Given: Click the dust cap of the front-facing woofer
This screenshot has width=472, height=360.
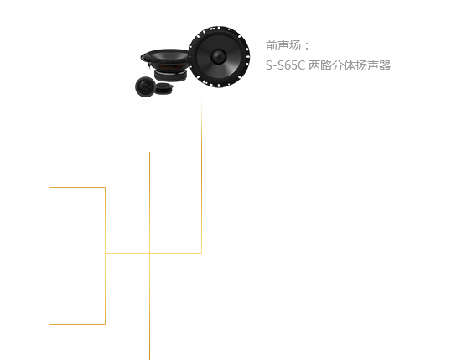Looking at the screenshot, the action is (219, 56).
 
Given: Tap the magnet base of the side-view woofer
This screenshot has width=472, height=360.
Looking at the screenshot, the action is (170, 75).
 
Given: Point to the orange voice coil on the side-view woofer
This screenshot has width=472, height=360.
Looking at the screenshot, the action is (170, 66).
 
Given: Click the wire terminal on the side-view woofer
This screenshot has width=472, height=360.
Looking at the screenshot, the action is (148, 64).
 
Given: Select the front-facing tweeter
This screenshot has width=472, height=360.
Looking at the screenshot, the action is (145, 86).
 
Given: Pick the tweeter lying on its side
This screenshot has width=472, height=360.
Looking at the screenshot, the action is (164, 87).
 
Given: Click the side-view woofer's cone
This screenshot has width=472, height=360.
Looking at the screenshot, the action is (165, 56).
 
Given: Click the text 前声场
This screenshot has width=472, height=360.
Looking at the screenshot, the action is (283, 46).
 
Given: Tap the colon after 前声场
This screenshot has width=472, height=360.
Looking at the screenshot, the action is (307, 46).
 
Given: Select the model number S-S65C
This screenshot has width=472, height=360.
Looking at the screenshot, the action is (285, 65).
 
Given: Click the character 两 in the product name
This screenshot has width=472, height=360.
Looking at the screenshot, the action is (314, 65).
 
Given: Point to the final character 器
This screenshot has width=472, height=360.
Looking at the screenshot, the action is (385, 65).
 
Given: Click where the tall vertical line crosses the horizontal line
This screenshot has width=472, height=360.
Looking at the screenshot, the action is (149, 253).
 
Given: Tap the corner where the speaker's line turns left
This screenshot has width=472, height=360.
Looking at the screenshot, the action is (201, 253).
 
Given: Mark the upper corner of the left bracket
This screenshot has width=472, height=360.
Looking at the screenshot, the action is (105, 188).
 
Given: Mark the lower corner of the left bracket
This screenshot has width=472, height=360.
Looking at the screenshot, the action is (105, 324).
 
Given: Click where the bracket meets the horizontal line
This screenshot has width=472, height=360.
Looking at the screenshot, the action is (106, 253).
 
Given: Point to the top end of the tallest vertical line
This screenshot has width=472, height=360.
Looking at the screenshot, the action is (149, 152).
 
